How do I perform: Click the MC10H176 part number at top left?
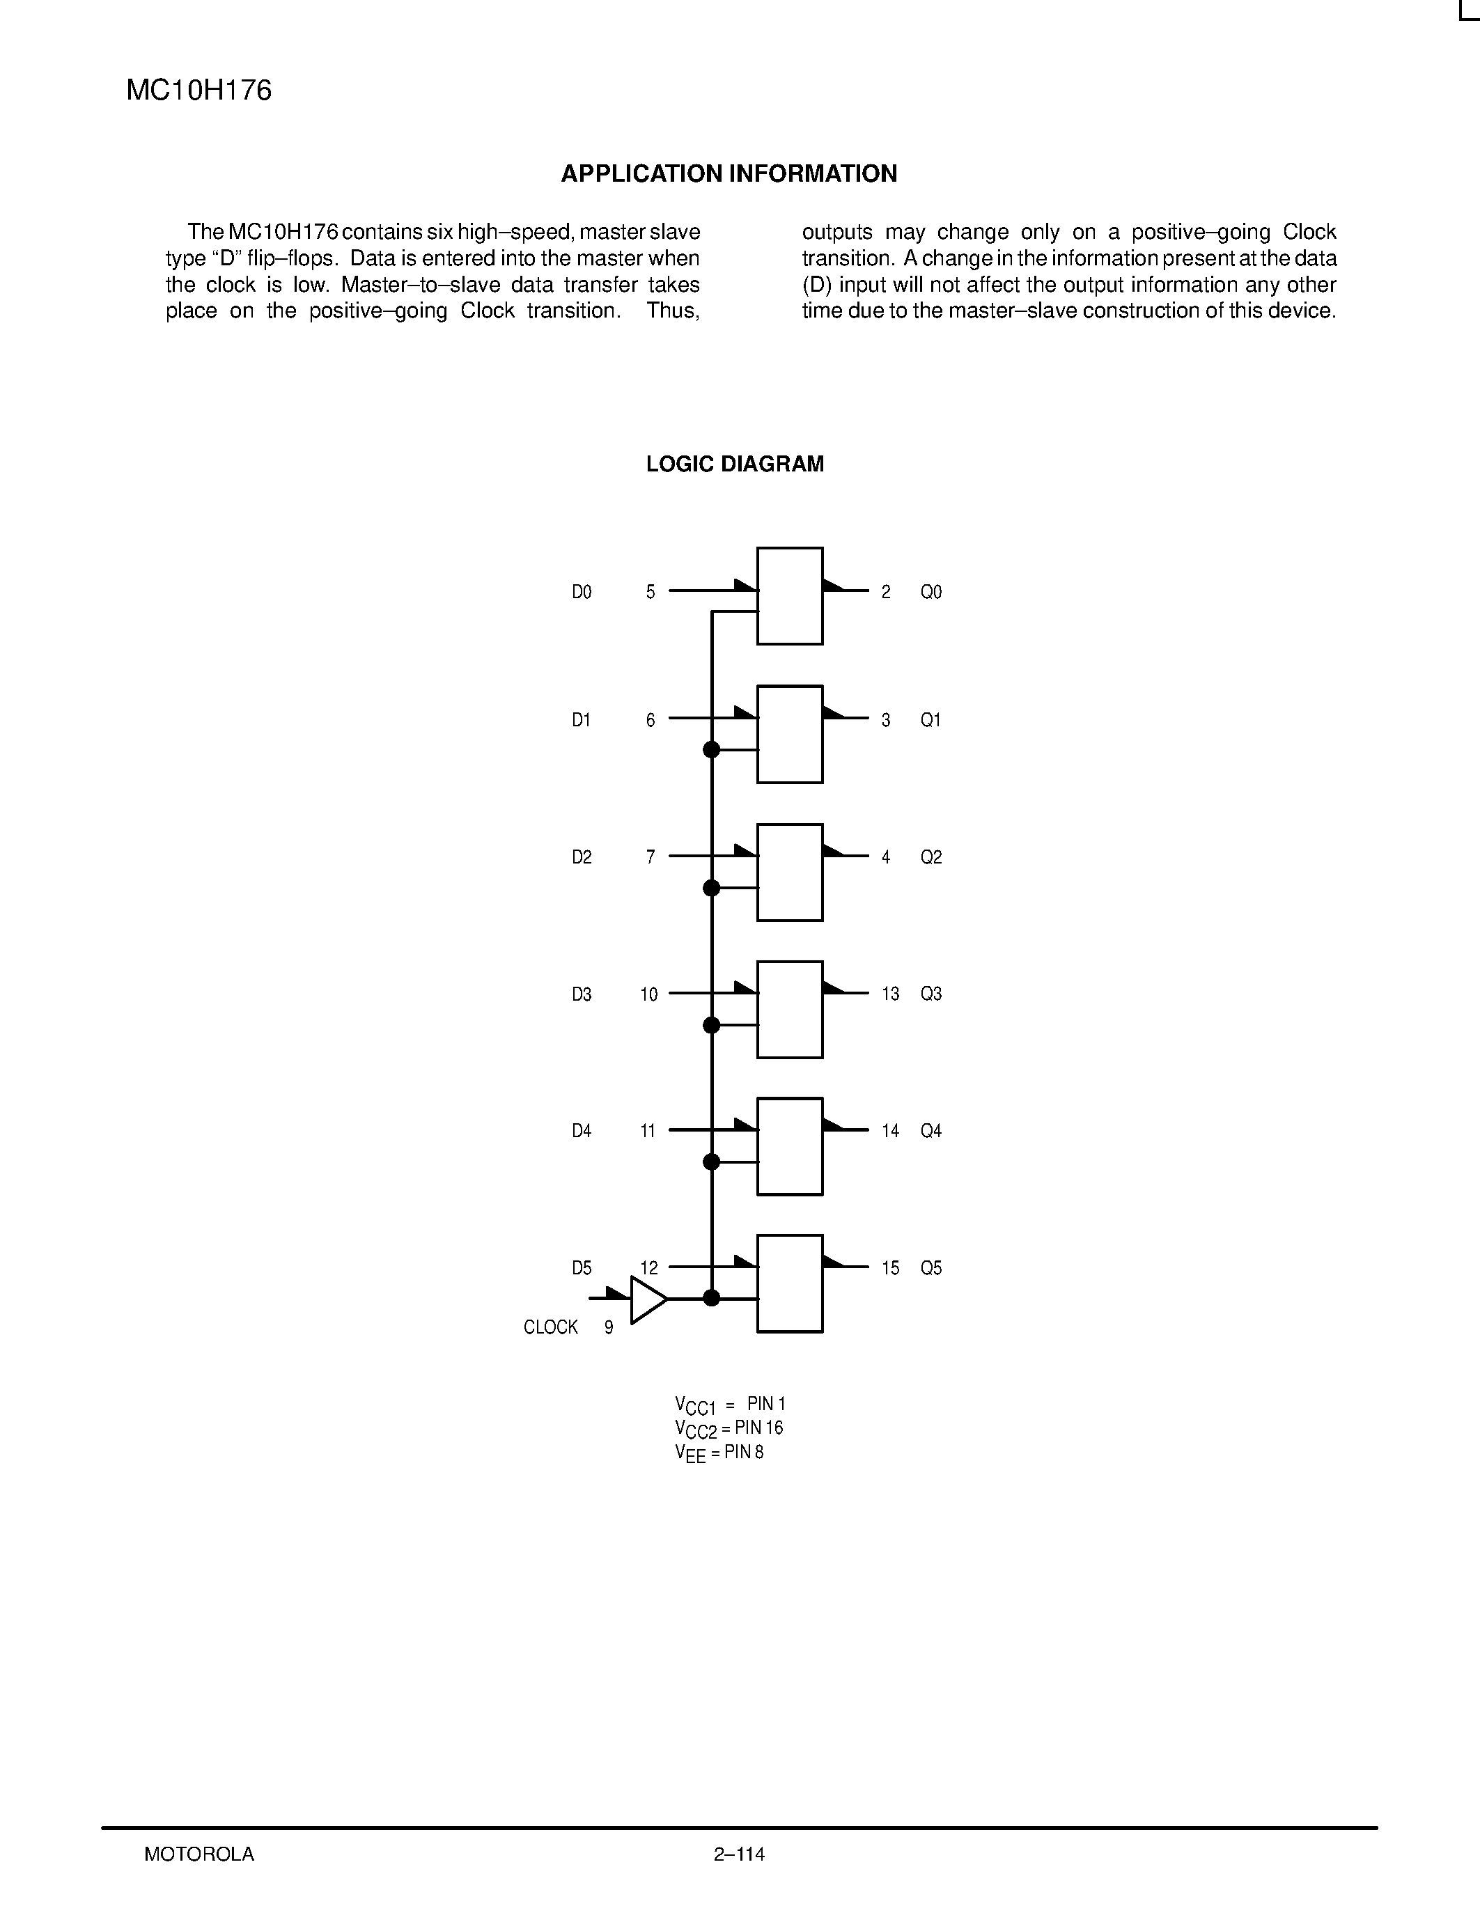pos(199,91)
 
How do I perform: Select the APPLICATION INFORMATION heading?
pos(729,173)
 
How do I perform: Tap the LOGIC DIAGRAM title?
pos(735,464)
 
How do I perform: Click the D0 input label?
pos(582,593)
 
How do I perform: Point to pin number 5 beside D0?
pos(651,593)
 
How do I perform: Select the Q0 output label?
pos(930,593)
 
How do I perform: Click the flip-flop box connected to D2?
pos(789,873)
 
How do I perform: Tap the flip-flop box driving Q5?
pos(789,1283)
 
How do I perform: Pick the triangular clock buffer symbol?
pos(647,1299)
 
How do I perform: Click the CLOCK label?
pos(551,1327)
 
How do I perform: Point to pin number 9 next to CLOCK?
pos(609,1327)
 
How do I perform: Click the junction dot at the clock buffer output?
pos(711,1298)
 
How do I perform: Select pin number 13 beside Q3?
pos(891,994)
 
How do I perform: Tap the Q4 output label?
pos(930,1131)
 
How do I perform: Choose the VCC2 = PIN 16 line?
pos(729,1428)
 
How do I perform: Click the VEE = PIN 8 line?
pos(719,1453)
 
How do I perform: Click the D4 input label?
pos(582,1131)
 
